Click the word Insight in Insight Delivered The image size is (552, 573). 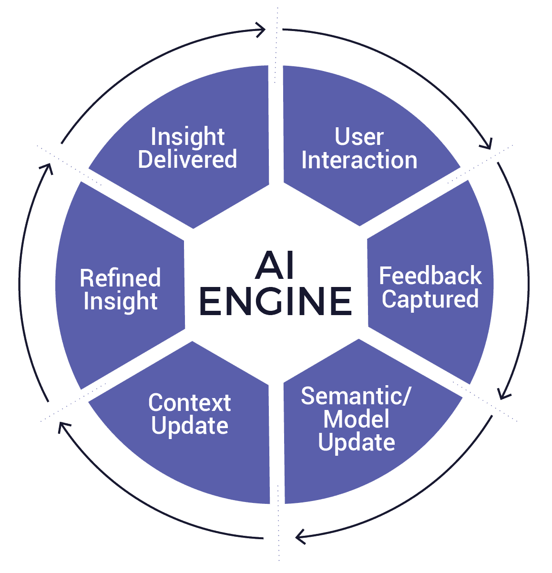(x=187, y=137)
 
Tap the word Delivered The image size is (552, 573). (x=187, y=160)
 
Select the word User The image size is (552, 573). (x=359, y=137)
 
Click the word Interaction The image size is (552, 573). (x=359, y=160)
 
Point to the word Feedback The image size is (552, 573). (x=430, y=276)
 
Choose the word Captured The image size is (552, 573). (x=430, y=299)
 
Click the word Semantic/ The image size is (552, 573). (x=355, y=397)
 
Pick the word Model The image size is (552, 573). (x=356, y=420)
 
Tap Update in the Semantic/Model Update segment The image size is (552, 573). (x=356, y=442)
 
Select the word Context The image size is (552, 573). (x=189, y=403)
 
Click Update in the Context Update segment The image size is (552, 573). (x=189, y=426)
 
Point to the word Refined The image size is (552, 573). (x=120, y=278)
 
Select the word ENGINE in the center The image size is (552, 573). (x=275, y=301)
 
